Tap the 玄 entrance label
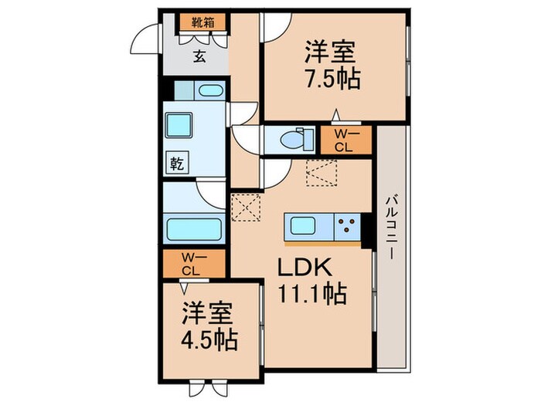coord(198,54)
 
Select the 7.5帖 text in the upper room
coord(333,78)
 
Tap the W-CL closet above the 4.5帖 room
coord(192,263)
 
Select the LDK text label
coord(305,268)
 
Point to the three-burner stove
coord(347,227)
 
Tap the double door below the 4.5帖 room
coord(208,390)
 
